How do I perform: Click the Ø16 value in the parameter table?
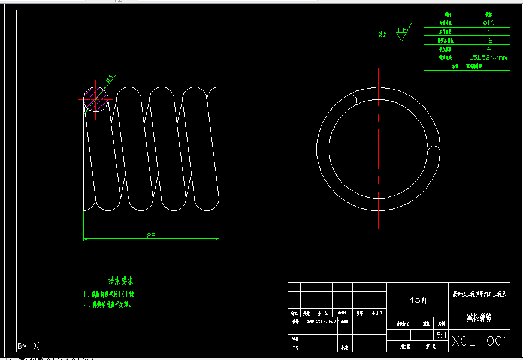click(x=489, y=23)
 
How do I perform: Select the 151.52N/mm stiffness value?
click(x=489, y=58)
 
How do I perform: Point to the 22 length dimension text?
click(x=151, y=235)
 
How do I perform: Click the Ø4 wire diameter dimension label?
click(x=110, y=78)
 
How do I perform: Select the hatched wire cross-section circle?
click(x=96, y=99)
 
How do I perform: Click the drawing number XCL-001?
click(x=480, y=341)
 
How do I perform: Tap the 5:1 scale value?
click(x=442, y=336)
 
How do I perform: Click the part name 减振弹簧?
click(x=479, y=317)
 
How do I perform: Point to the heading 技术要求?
click(x=120, y=280)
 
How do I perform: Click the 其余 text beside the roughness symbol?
click(x=382, y=34)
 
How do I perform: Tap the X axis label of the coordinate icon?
click(x=36, y=346)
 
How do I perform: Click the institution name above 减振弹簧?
click(x=479, y=294)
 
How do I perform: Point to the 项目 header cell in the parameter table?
click(x=446, y=14)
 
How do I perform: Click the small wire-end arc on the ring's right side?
click(x=435, y=148)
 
